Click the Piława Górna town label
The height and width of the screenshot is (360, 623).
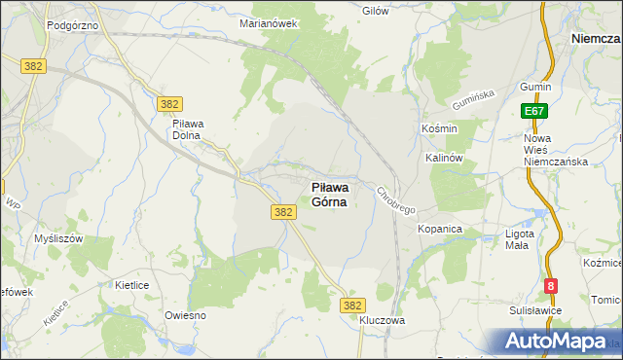tap(329, 195)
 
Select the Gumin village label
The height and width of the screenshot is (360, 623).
tap(535, 87)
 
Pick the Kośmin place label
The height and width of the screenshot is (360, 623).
tap(433, 128)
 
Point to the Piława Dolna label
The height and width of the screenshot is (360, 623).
tap(186, 129)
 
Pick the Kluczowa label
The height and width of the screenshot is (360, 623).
tap(382, 320)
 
